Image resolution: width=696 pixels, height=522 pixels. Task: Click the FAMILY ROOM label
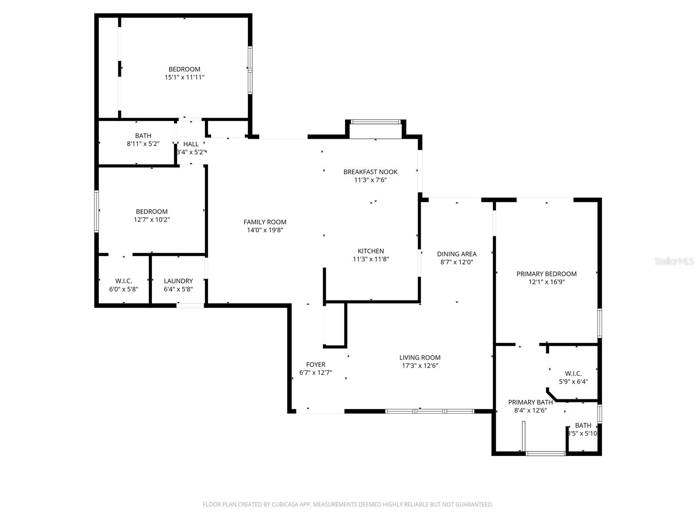click(x=264, y=222)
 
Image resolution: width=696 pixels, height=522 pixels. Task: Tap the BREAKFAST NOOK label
click(x=370, y=172)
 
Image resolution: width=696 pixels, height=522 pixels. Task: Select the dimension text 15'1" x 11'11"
click(x=184, y=77)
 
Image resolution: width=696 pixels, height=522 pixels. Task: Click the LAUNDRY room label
click(x=178, y=281)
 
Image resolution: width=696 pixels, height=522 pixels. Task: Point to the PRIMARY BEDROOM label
click(x=546, y=274)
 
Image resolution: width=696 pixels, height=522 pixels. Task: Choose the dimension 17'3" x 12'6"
click(x=420, y=365)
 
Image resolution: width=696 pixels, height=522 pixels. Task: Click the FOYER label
click(x=315, y=365)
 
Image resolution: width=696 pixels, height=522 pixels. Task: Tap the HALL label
click(x=191, y=144)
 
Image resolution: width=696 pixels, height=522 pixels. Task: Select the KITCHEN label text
click(x=371, y=251)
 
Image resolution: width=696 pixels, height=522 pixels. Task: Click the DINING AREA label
click(x=457, y=254)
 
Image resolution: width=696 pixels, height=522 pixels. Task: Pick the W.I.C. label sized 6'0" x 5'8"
click(x=124, y=281)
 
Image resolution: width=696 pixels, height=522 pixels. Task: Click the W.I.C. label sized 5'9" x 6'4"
click(x=573, y=374)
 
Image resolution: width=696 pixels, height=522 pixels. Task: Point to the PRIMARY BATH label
click(x=530, y=402)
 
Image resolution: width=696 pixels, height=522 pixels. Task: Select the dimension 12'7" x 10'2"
click(x=151, y=220)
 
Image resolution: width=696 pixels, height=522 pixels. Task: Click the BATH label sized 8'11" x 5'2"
click(x=143, y=136)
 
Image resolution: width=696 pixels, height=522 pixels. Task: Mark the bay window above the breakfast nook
click(x=375, y=122)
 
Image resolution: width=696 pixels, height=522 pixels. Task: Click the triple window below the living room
click(x=430, y=411)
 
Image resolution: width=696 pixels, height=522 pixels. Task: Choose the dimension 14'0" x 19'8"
click(x=265, y=230)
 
